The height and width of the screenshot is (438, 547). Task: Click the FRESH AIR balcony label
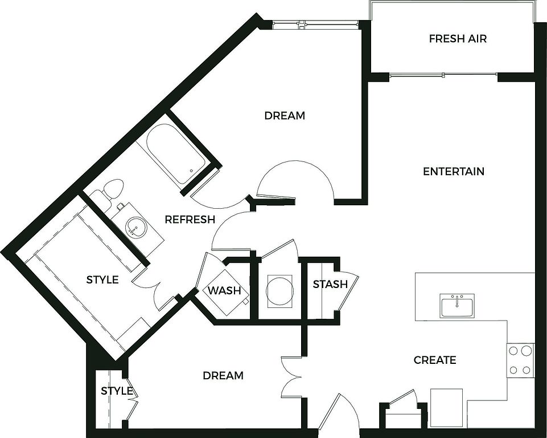[x=458, y=38]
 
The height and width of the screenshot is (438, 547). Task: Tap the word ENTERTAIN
[x=454, y=171]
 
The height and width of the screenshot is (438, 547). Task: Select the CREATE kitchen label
[x=435, y=360]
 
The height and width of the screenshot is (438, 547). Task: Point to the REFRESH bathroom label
[x=190, y=220]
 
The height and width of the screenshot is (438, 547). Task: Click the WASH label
[x=224, y=290]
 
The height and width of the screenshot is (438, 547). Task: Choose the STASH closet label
[x=330, y=284]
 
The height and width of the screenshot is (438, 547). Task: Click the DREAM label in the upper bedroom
[x=285, y=115]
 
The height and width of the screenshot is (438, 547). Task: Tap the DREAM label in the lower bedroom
[x=223, y=375]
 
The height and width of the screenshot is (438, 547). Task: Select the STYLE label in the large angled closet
[x=102, y=279]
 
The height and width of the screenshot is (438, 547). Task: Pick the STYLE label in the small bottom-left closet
[x=117, y=391]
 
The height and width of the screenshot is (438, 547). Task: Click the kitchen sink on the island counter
[x=457, y=305]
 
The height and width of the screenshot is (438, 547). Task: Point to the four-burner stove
[x=520, y=360]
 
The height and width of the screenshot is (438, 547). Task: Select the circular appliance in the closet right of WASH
[x=279, y=291]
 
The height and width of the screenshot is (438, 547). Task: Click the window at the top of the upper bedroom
[x=315, y=24]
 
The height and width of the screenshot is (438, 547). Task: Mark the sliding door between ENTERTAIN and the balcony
[x=443, y=75]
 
